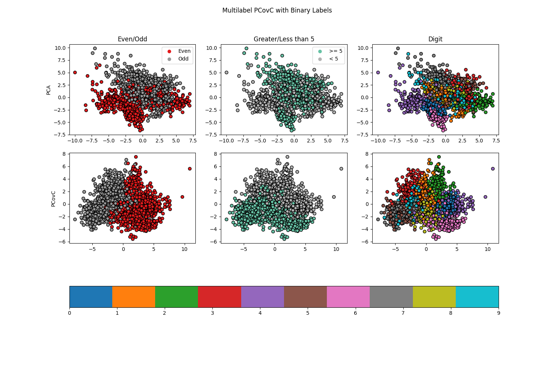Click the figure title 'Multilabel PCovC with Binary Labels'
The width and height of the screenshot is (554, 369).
pyautogui.click(x=277, y=10)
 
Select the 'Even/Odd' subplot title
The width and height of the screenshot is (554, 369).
pyautogui.click(x=132, y=39)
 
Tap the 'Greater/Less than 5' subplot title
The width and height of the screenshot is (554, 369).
pyautogui.click(x=284, y=39)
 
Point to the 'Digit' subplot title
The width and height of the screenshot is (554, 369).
pyautogui.click(x=435, y=39)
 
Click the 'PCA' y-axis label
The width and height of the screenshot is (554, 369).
pyautogui.click(x=48, y=90)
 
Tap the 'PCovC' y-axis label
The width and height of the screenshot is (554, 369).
pyautogui.click(x=53, y=199)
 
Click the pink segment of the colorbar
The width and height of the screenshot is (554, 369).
pyautogui.click(x=348, y=297)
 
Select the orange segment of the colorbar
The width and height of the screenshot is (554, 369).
pyautogui.click(x=133, y=297)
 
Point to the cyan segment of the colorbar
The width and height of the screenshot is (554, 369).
pyautogui.click(x=477, y=297)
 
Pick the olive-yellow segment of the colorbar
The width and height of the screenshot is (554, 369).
pyautogui.click(x=434, y=297)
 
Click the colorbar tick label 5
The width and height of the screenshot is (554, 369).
pyautogui.click(x=308, y=313)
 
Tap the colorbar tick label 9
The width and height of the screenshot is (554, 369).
pyautogui.click(x=499, y=313)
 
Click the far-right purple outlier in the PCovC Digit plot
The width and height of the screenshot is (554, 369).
pyautogui.click(x=493, y=169)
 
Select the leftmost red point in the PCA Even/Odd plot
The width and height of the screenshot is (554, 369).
pyautogui.click(x=75, y=73)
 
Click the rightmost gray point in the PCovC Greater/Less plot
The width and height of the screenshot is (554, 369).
pyautogui.click(x=341, y=169)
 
